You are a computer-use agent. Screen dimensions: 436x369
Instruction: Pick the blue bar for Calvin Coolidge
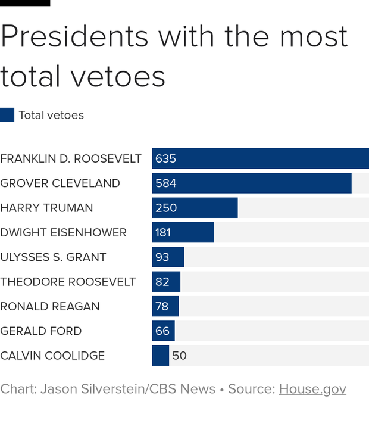[161, 356]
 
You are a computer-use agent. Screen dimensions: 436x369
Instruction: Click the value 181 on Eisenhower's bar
[163, 232]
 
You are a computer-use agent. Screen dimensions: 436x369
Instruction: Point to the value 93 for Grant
[162, 257]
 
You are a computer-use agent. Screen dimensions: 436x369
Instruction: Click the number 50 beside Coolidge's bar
[179, 356]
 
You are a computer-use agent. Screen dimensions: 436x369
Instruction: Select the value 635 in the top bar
[165, 158]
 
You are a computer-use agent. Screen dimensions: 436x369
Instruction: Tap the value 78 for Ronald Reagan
[162, 306]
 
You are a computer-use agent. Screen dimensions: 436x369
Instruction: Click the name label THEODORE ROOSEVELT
[68, 282]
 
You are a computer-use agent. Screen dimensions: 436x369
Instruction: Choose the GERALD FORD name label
[41, 331]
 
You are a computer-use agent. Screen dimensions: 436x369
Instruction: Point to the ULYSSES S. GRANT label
[53, 257]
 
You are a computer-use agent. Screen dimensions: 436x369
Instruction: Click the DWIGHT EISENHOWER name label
[63, 232]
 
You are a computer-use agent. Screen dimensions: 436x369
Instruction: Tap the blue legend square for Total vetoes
[7, 115]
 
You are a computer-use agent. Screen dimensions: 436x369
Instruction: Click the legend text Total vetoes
[51, 115]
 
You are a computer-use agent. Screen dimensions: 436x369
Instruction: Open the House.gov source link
[312, 389]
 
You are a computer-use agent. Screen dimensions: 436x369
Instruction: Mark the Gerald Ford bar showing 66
[164, 331]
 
